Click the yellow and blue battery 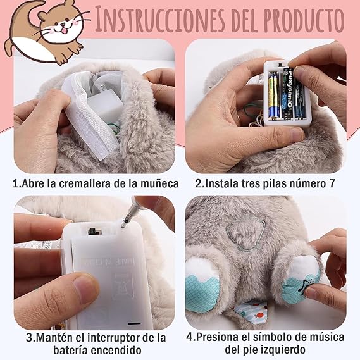click(x=274, y=96)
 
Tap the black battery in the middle click(x=287, y=94)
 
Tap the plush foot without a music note click(x=202, y=284)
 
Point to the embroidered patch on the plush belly click(x=245, y=232)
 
